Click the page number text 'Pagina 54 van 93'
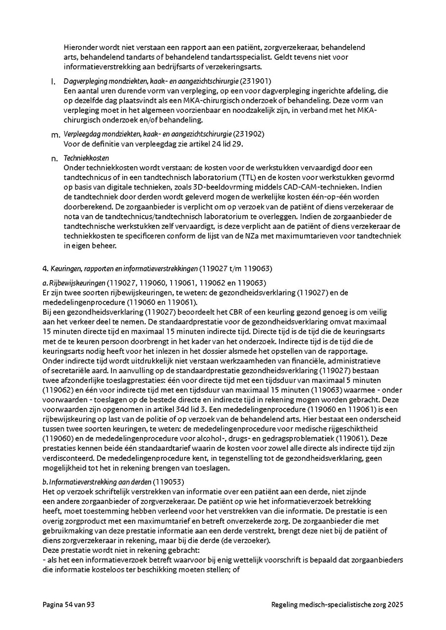point(67,604)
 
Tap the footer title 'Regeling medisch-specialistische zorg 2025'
point(337,604)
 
